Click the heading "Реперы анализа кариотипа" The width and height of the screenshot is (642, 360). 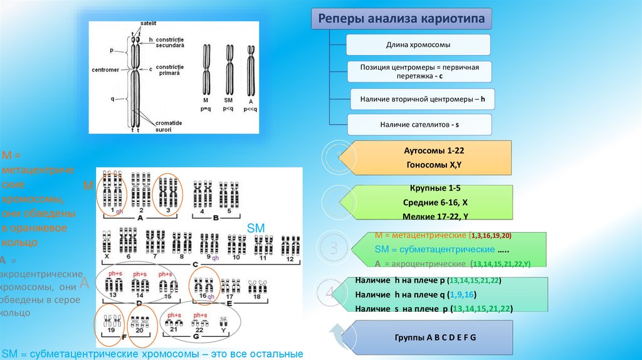(401, 19)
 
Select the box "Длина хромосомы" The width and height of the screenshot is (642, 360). (418, 45)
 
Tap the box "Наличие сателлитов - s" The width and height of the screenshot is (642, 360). (419, 125)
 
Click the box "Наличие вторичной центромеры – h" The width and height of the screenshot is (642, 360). (418, 98)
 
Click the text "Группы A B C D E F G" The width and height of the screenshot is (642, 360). (434, 337)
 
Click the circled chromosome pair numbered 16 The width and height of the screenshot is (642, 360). (204, 285)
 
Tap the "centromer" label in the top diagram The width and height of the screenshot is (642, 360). (105, 70)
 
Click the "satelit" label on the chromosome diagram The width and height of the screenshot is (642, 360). (148, 23)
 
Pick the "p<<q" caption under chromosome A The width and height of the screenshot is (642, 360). (251, 107)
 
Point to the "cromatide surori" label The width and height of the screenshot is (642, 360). (169, 126)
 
